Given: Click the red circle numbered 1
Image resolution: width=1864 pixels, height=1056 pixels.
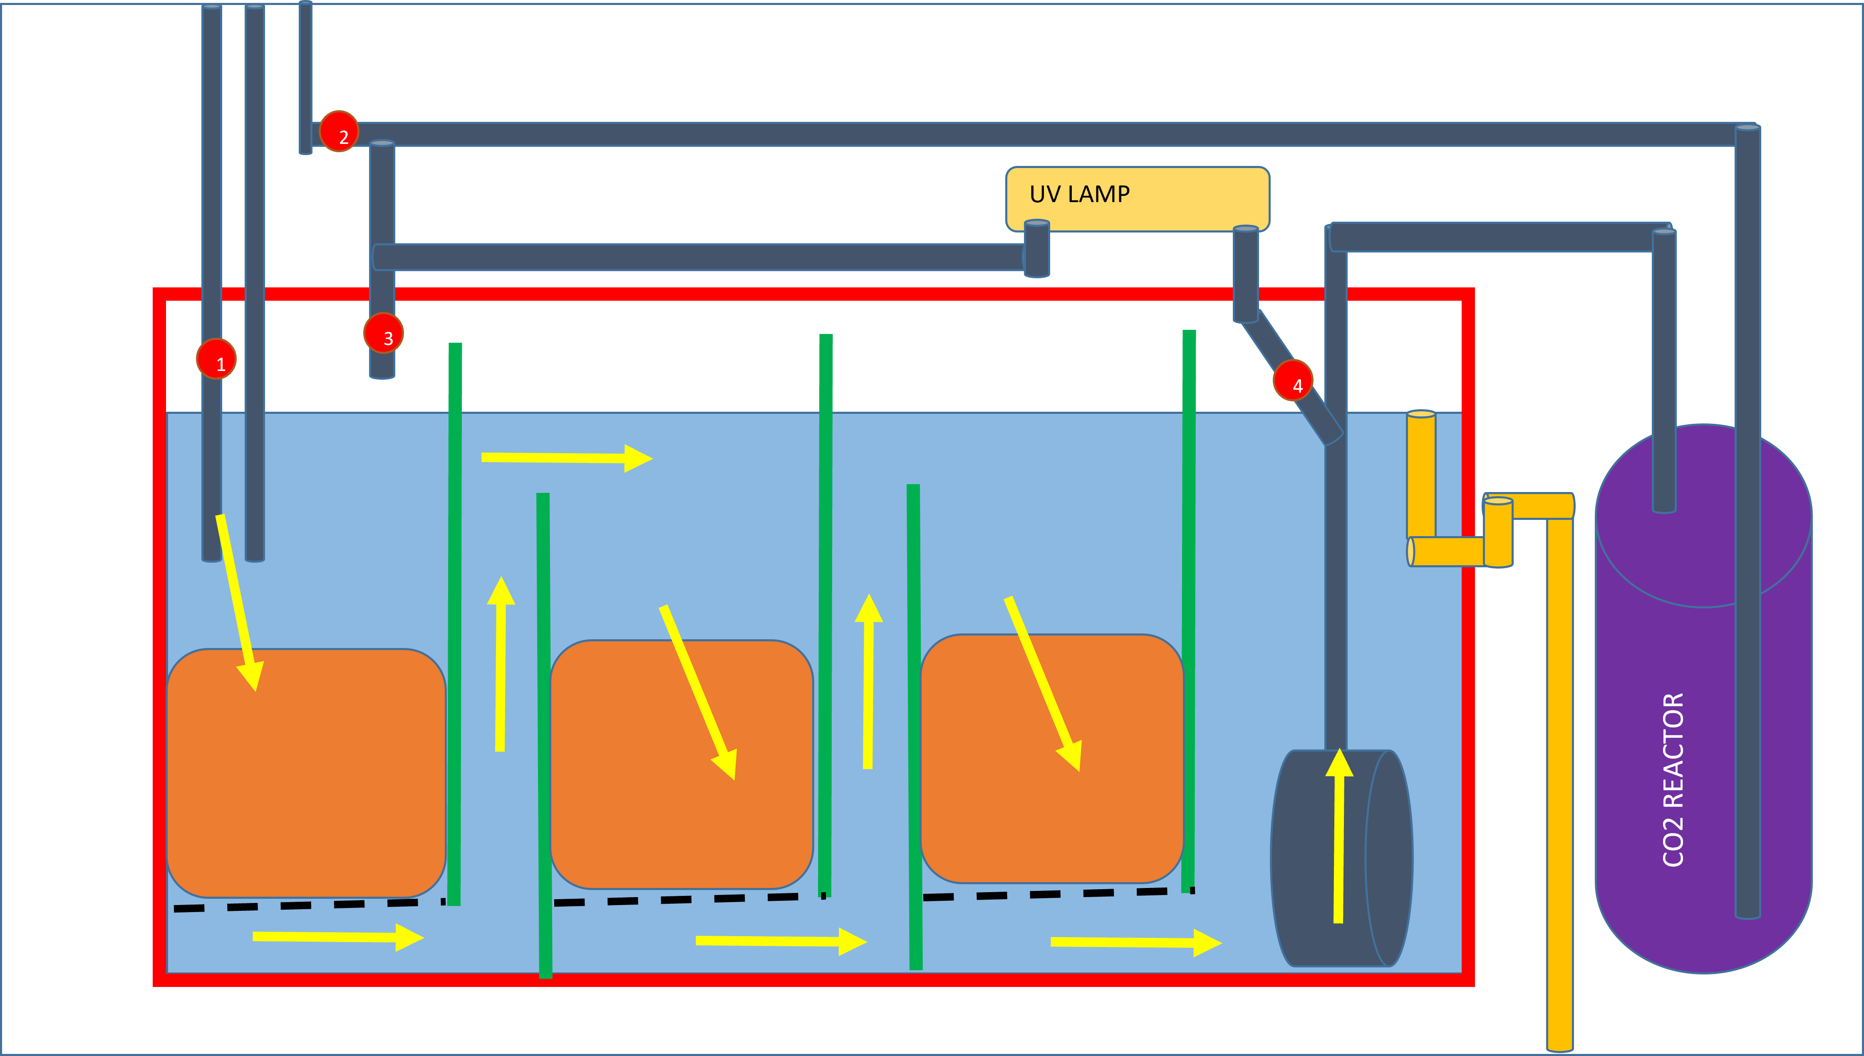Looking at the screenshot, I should click(x=216, y=359).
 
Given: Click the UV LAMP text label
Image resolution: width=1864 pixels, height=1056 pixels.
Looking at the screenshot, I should click(x=1080, y=194).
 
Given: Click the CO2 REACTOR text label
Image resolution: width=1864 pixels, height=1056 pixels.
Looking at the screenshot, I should click(x=1673, y=780).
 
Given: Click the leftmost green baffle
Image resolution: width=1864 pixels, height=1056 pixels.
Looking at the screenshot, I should click(x=455, y=624).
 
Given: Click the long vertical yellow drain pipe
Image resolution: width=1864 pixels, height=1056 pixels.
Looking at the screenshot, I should click(x=1560, y=783).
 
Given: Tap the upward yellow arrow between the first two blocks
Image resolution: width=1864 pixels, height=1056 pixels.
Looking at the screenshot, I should click(x=501, y=664).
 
